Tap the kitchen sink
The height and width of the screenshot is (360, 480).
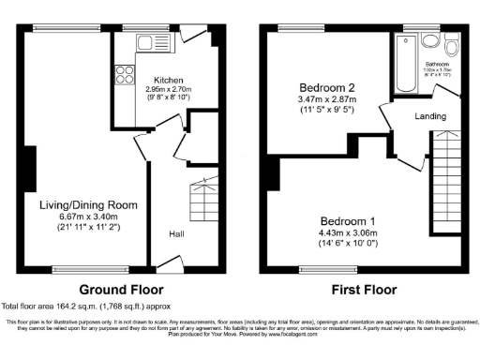click(145, 42)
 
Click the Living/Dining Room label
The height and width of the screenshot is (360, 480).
click(88, 204)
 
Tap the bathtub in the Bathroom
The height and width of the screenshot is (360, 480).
click(407, 63)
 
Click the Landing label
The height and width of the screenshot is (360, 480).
click(430, 117)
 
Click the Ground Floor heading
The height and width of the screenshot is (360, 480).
click(120, 290)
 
